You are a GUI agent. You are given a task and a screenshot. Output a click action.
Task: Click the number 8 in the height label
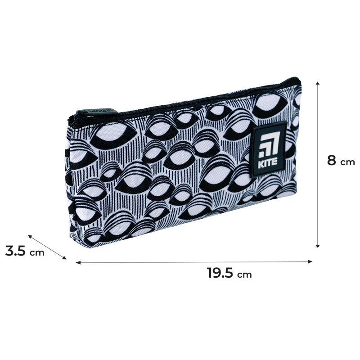click(x=332, y=160)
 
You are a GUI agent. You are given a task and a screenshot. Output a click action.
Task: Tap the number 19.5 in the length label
click(x=220, y=273)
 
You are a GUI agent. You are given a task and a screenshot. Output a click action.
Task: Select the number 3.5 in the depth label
click(x=15, y=251)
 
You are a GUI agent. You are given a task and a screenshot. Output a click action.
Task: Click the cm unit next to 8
click(x=347, y=162)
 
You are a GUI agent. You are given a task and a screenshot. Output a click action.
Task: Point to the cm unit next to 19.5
click(x=244, y=274)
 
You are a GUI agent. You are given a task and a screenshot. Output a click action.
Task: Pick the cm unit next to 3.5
click(x=37, y=253)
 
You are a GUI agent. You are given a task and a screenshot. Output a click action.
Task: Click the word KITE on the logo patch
click(x=268, y=163)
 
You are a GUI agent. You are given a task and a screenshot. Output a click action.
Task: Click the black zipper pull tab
click(x=96, y=112)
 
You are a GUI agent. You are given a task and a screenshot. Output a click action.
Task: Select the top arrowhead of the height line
click(x=318, y=83)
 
